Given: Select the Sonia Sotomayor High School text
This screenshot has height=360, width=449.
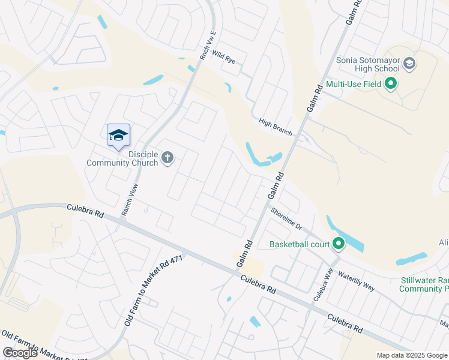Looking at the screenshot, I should click(x=367, y=64).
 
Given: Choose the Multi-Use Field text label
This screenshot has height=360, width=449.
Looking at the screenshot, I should click(x=355, y=84).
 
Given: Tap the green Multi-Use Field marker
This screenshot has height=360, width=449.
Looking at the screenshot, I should click(x=391, y=83).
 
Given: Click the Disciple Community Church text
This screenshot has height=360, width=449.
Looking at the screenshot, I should click(x=122, y=158).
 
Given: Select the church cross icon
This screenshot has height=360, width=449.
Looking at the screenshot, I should click(x=167, y=158).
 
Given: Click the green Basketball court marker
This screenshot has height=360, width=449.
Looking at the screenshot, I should click(x=339, y=244).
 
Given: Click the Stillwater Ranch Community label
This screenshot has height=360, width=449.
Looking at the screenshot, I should click(x=424, y=284).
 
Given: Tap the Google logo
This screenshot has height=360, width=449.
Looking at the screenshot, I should click(x=20, y=353).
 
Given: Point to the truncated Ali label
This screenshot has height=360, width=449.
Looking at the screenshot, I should click(x=443, y=242).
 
